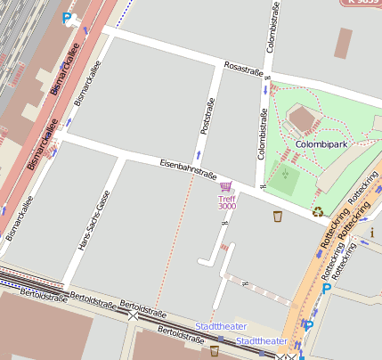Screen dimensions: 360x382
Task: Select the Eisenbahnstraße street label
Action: pyautogui.click(x=189, y=167)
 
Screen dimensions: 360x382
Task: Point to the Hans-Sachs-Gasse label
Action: pyautogui.click(x=94, y=220)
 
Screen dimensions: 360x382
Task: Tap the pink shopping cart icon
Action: pyautogui.click(x=226, y=187)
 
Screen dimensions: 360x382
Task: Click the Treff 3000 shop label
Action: pyautogui.click(x=227, y=202)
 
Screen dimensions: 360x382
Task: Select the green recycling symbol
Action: pyautogui.click(x=318, y=212)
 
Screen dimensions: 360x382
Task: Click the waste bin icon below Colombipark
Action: pyautogui.click(x=278, y=216)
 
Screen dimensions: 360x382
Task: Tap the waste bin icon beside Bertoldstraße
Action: pyautogui.click(x=214, y=350)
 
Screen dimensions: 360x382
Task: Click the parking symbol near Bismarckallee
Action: pyautogui.click(x=68, y=17)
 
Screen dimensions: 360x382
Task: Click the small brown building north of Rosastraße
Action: pyautogui.click(x=345, y=41)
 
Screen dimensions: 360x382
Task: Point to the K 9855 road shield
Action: pyautogui.click(x=360, y=4)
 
